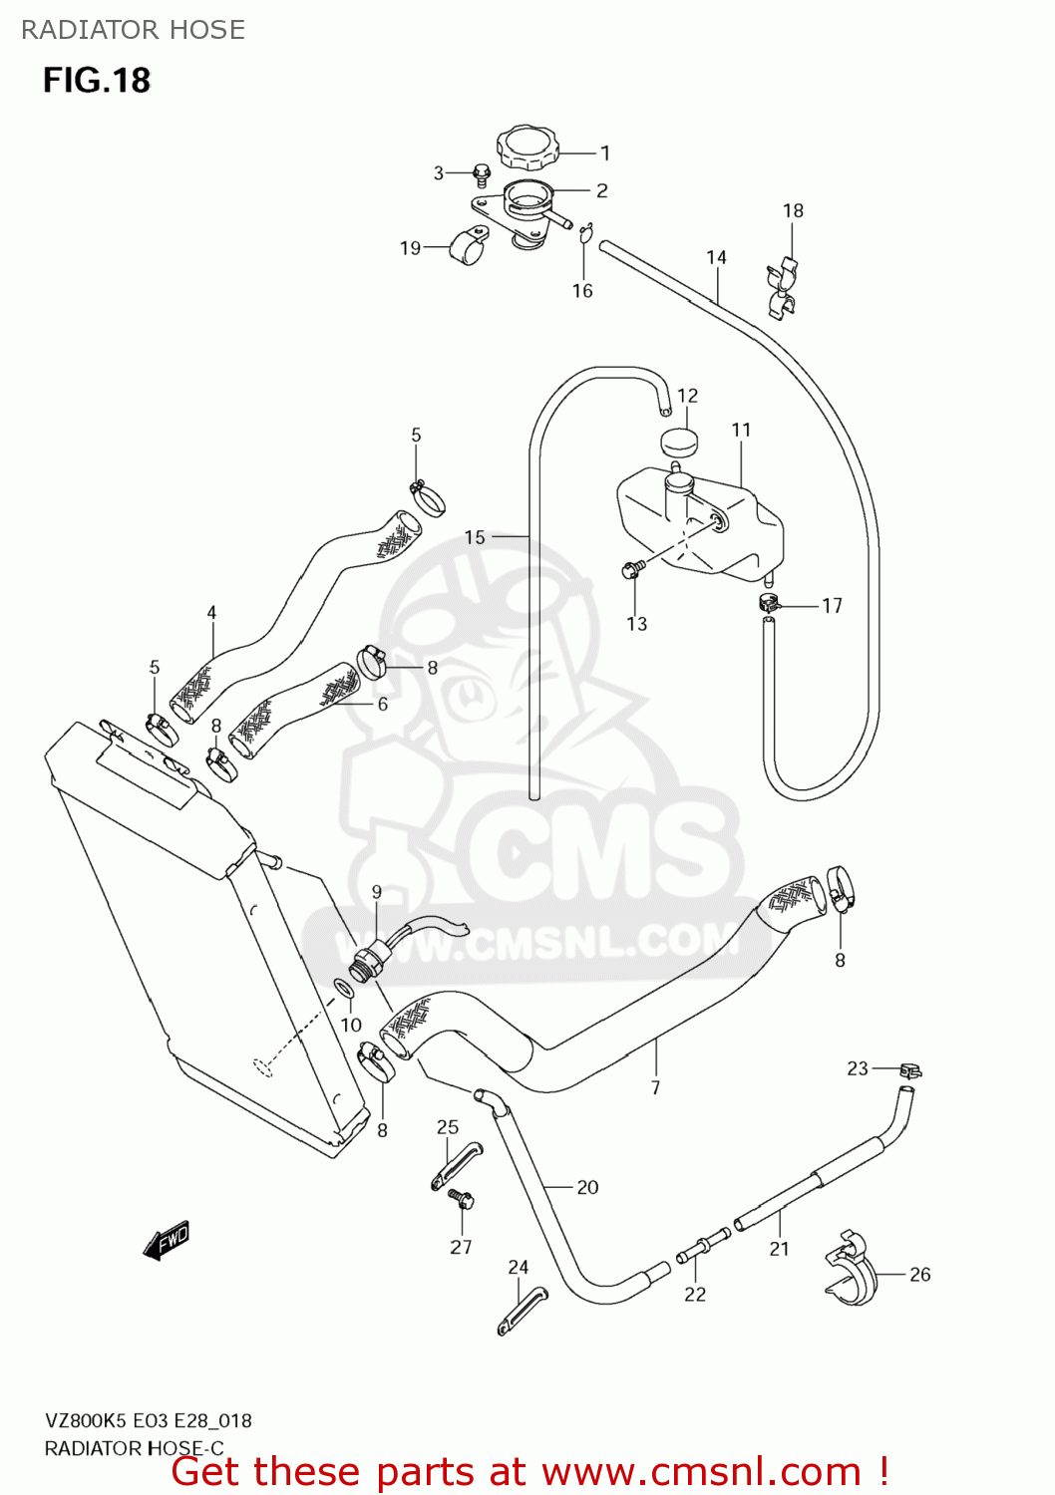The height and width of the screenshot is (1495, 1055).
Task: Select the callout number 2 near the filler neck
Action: [601, 190]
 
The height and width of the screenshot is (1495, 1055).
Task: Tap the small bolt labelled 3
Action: [481, 176]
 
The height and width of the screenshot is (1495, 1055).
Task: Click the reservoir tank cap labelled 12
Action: [679, 440]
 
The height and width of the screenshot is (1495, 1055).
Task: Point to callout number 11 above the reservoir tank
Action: [741, 430]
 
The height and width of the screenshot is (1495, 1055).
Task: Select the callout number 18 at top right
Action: [793, 210]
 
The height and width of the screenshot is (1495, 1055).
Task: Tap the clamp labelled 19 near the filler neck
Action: [468, 246]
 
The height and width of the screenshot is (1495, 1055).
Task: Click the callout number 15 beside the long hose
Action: [475, 537]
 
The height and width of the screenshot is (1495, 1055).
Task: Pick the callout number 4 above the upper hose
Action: [211, 613]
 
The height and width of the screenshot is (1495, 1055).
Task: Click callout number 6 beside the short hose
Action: [382, 704]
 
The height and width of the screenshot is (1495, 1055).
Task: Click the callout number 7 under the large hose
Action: [655, 1087]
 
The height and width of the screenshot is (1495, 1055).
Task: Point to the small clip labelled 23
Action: [908, 1070]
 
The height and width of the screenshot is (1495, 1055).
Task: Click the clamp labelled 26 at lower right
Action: [850, 1268]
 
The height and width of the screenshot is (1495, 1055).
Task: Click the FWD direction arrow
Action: [166, 1241]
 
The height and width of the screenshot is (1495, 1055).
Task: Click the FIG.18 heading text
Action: [97, 80]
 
